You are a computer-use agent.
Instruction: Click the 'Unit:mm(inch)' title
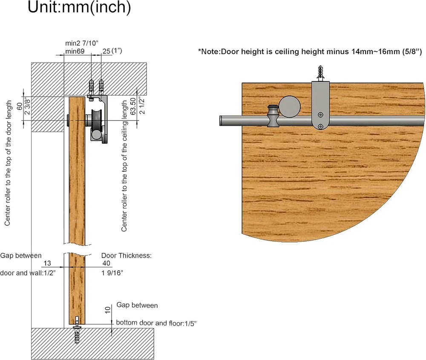(79, 7)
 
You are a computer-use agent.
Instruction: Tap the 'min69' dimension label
(75, 51)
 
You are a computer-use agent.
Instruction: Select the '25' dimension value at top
(106, 51)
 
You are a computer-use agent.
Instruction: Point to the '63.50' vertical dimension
(133, 106)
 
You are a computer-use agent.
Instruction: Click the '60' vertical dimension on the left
(20, 106)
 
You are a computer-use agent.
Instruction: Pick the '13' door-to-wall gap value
(47, 263)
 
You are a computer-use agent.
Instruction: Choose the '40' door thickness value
(106, 263)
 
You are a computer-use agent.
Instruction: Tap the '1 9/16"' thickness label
(112, 273)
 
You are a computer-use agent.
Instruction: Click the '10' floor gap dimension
(108, 310)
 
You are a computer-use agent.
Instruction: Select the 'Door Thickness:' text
(127, 255)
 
